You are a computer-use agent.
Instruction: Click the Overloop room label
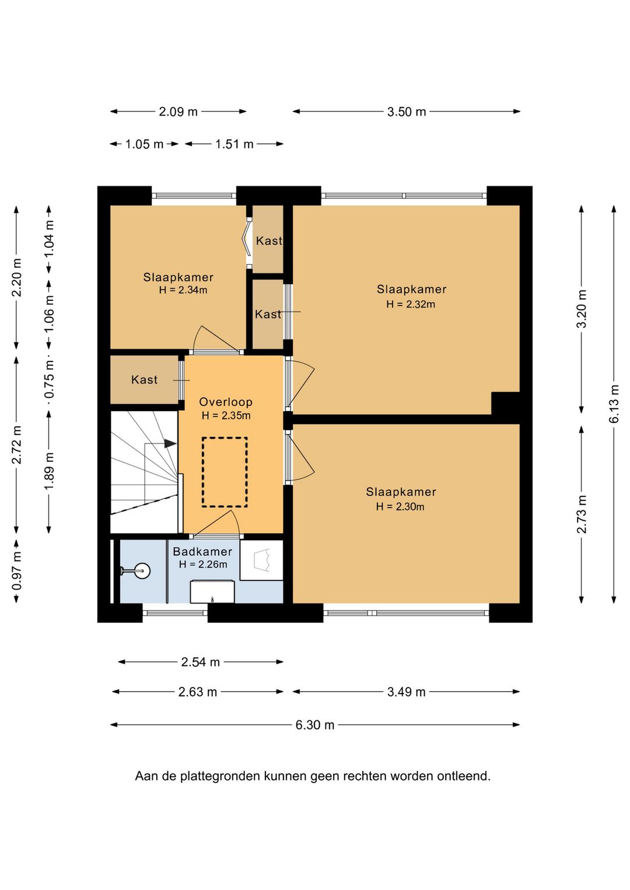coord(226,402)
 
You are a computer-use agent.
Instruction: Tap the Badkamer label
coord(202,552)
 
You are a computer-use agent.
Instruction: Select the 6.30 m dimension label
coord(315,725)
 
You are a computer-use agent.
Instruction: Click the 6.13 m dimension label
coord(614,404)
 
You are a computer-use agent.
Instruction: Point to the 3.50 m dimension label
coord(407,111)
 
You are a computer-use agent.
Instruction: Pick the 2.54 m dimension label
coord(200,662)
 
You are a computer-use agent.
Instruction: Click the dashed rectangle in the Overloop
coord(225,472)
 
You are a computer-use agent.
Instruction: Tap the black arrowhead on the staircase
coord(170,443)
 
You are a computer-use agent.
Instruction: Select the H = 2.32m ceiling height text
coord(411,304)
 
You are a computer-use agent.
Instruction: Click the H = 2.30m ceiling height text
coord(400,507)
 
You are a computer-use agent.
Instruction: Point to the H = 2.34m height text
coord(183,290)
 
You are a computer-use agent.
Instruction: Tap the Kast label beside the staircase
coord(144,380)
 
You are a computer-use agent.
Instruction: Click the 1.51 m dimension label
coord(235,144)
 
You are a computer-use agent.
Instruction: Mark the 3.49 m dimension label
coord(406,692)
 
